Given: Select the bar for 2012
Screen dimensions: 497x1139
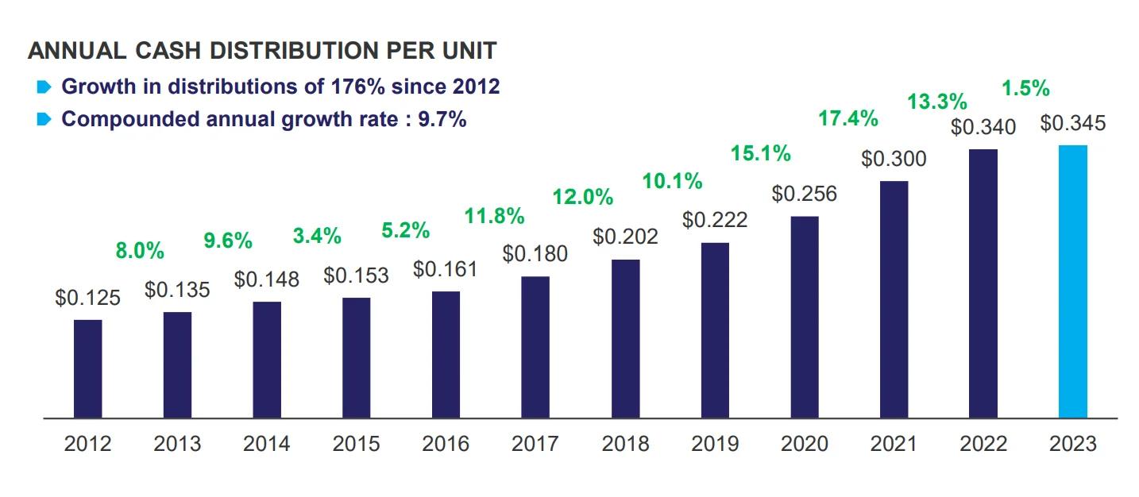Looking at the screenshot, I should pyautogui.click(x=87, y=368).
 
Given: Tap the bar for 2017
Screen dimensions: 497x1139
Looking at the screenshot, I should pyautogui.click(x=535, y=347).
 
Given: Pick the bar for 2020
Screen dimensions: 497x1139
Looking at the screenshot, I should pyautogui.click(x=804, y=317).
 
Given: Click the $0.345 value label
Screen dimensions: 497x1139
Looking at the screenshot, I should pyautogui.click(x=1072, y=124).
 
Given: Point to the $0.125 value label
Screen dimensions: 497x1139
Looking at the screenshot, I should pyautogui.click(x=87, y=299).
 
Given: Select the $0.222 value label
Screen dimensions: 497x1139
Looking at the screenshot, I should pyautogui.click(x=715, y=220).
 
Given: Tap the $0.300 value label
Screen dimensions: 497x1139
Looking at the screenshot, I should pyautogui.click(x=894, y=159).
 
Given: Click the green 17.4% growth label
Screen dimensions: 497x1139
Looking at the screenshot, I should pyautogui.click(x=848, y=120).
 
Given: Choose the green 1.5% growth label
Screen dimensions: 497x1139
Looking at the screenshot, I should pyautogui.click(x=1025, y=88).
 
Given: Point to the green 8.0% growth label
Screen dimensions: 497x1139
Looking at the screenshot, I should pyautogui.click(x=140, y=252).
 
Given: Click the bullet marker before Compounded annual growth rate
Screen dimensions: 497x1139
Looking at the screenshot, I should pyautogui.click(x=44, y=120).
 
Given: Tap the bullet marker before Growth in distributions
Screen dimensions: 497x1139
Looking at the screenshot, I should pyautogui.click(x=44, y=86).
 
